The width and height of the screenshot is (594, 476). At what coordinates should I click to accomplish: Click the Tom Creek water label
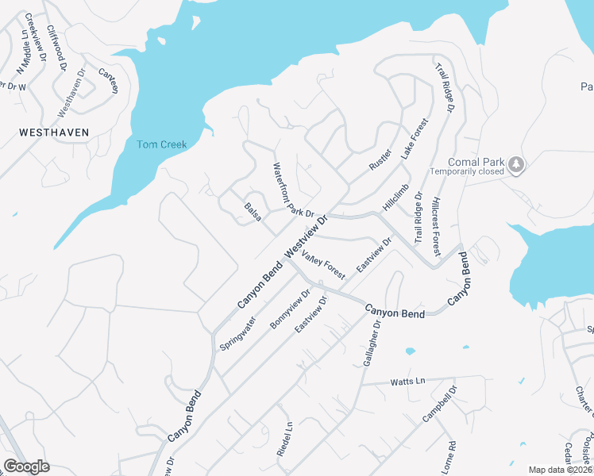tap(161, 144)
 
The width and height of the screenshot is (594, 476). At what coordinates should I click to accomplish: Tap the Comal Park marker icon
tap(517, 164)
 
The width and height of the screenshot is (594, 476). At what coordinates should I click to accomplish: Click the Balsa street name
tap(253, 213)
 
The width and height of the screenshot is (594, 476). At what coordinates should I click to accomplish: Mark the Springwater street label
tap(238, 334)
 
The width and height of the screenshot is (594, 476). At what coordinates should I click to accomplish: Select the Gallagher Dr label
tap(372, 344)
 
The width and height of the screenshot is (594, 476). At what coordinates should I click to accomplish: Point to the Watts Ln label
tap(408, 382)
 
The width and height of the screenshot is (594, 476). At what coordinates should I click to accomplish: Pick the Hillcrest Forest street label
tap(436, 225)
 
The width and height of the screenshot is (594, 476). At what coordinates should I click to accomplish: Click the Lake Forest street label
tap(414, 140)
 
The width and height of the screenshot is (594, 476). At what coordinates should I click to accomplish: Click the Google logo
tap(26, 466)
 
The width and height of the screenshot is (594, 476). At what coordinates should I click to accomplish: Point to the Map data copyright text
tap(559, 470)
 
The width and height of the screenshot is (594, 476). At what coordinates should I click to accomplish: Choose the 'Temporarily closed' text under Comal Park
tap(468, 171)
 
